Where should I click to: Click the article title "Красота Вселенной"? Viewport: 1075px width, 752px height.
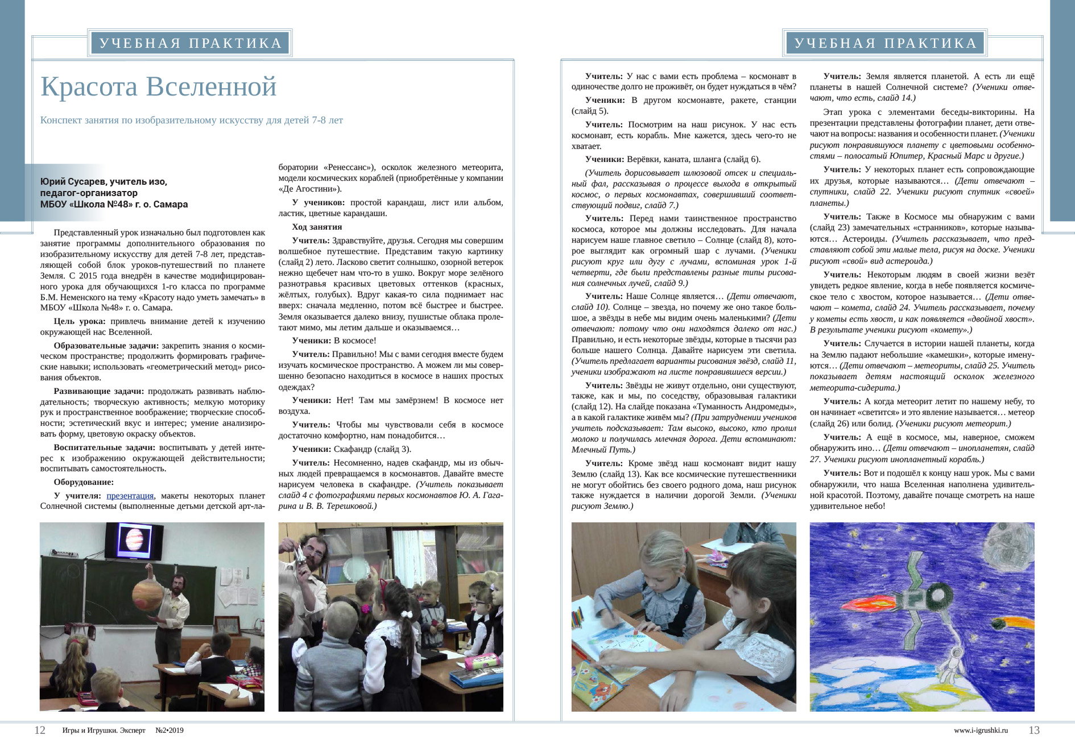click(158, 87)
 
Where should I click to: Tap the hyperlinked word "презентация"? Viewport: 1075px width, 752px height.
click(130, 496)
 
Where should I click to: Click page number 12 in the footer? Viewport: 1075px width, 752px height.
click(40, 730)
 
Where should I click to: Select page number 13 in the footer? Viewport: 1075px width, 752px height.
click(1034, 730)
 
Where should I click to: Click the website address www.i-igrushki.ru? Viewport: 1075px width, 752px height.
click(981, 730)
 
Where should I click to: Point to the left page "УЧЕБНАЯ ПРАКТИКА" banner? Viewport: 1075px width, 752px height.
click(190, 43)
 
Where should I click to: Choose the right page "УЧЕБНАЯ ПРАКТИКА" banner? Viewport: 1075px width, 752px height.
click(885, 43)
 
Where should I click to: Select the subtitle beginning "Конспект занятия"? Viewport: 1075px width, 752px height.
click(191, 120)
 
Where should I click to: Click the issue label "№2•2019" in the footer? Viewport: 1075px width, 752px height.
click(169, 730)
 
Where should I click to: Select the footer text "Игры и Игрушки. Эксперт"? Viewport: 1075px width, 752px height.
click(104, 730)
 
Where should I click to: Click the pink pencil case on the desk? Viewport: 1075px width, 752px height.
click(482, 660)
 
